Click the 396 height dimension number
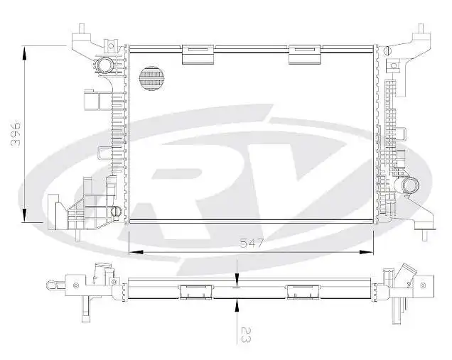point(16,134)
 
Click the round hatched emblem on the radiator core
point(151,79)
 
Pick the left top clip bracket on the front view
point(199,54)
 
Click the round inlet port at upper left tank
point(106,65)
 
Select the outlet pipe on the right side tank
point(410,185)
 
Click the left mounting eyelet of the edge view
point(51,285)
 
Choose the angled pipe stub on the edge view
point(406,274)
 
